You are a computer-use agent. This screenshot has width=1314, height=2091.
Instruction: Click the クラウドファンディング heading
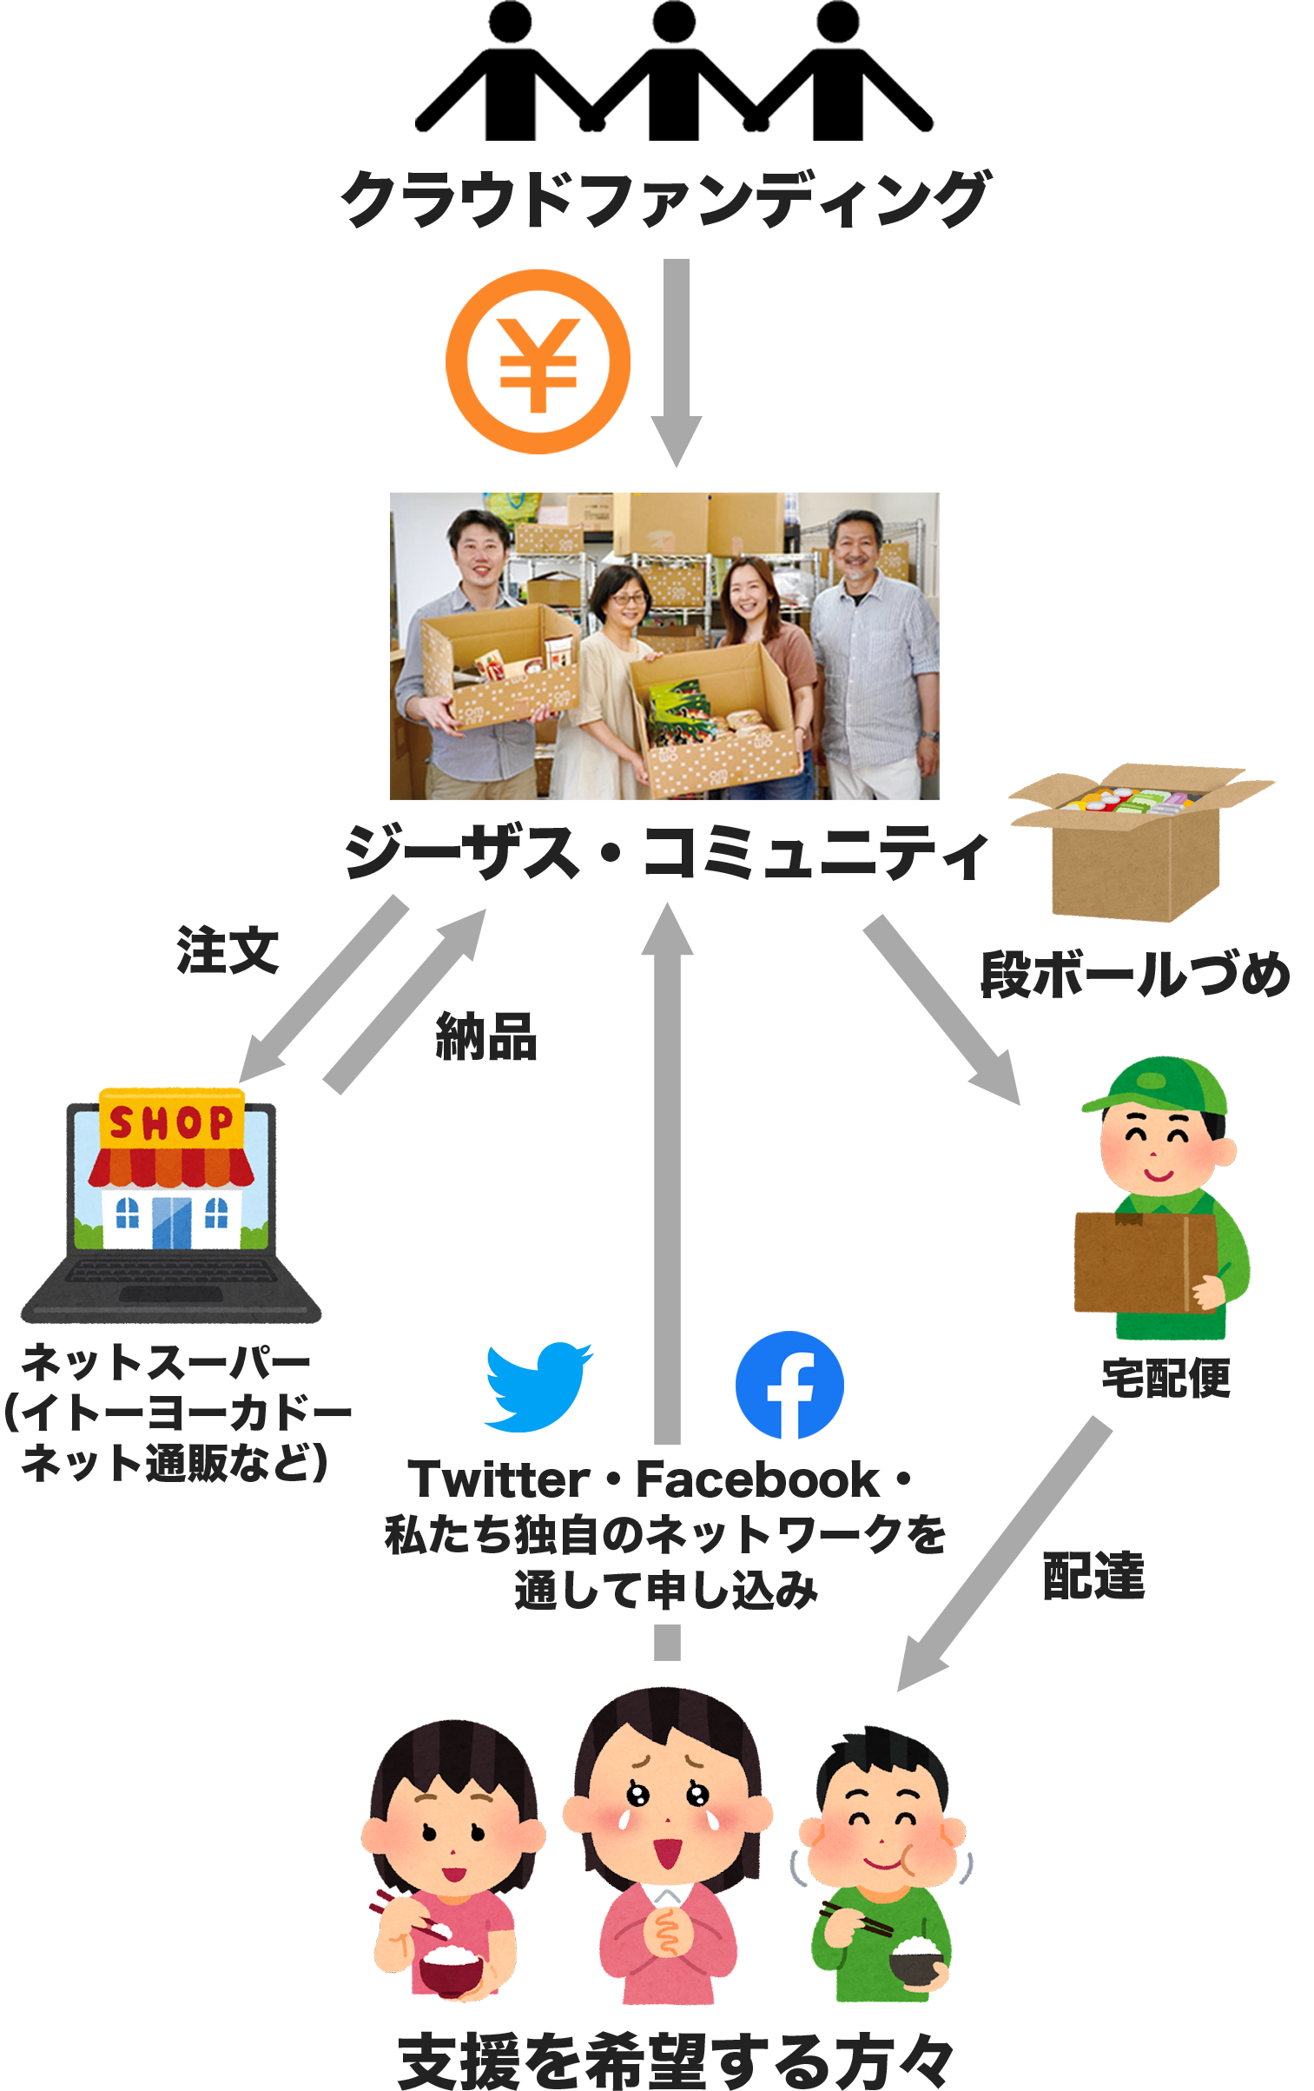[666, 199]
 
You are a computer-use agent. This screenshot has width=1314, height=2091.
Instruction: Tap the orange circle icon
[538, 361]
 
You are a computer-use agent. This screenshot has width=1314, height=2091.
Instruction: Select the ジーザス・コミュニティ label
[666, 851]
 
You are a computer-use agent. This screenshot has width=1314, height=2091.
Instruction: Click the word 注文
[228, 950]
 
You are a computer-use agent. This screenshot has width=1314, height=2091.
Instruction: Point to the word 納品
[485, 1035]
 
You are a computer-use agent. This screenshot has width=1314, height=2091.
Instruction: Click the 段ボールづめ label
[1135, 974]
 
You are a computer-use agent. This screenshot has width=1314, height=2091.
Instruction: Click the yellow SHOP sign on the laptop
[171, 1122]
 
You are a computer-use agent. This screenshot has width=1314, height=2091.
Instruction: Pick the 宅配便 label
[1165, 1377]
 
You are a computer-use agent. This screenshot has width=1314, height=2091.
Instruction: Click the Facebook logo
[789, 1386]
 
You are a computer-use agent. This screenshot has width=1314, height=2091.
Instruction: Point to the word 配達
[1093, 1575]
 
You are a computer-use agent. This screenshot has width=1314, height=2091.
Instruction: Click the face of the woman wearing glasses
[625, 599]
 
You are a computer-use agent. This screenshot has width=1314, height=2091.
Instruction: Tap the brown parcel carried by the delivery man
[1145, 1264]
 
